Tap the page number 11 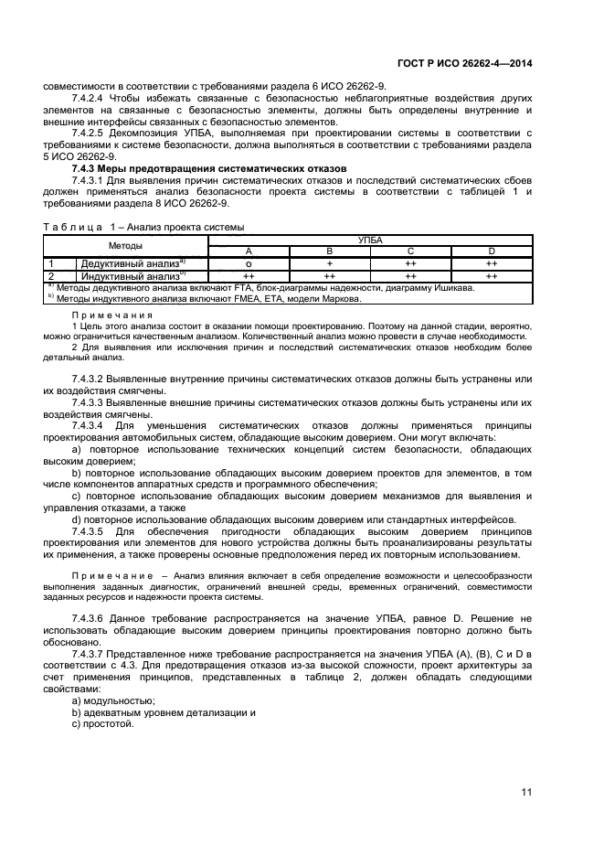(x=526, y=792)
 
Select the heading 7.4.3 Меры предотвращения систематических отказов (x=208, y=168)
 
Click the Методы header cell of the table (x=126, y=246)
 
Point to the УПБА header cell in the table (x=370, y=240)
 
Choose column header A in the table (x=249, y=251)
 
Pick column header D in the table (x=492, y=251)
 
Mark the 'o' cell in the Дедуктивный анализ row (x=249, y=262)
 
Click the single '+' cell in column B (x=330, y=262)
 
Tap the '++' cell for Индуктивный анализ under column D (x=492, y=274)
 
